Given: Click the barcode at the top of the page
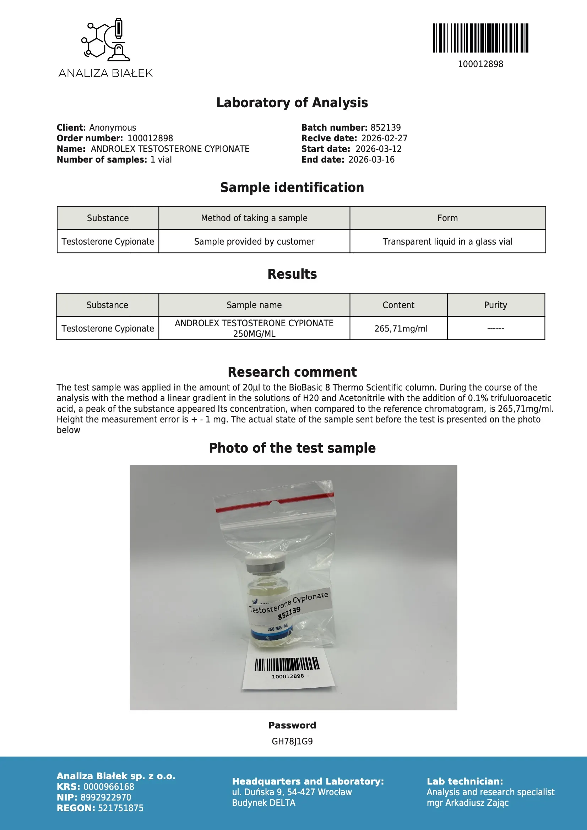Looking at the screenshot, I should tap(480, 38).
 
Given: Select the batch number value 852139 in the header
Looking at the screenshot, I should tap(386, 127).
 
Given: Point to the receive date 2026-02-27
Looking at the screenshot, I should tap(384, 138).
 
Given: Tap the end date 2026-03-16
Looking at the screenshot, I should tap(371, 160).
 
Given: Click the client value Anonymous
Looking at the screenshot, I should tap(113, 127).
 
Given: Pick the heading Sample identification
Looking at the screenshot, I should tap(292, 187).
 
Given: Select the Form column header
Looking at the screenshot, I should tap(447, 218).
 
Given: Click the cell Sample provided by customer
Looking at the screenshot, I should tap(254, 241).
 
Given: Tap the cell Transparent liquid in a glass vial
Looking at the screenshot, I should tap(447, 241).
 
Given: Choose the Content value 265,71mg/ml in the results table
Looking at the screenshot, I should tap(401, 329).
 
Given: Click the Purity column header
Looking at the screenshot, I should tap(495, 305).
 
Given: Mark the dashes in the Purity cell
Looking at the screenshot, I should tap(495, 329).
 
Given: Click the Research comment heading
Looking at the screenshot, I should tap(292, 372).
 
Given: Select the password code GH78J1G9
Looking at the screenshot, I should tap(292, 742).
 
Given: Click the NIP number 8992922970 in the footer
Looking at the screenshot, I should tap(105, 797).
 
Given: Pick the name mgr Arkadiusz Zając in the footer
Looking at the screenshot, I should tap(467, 803).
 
